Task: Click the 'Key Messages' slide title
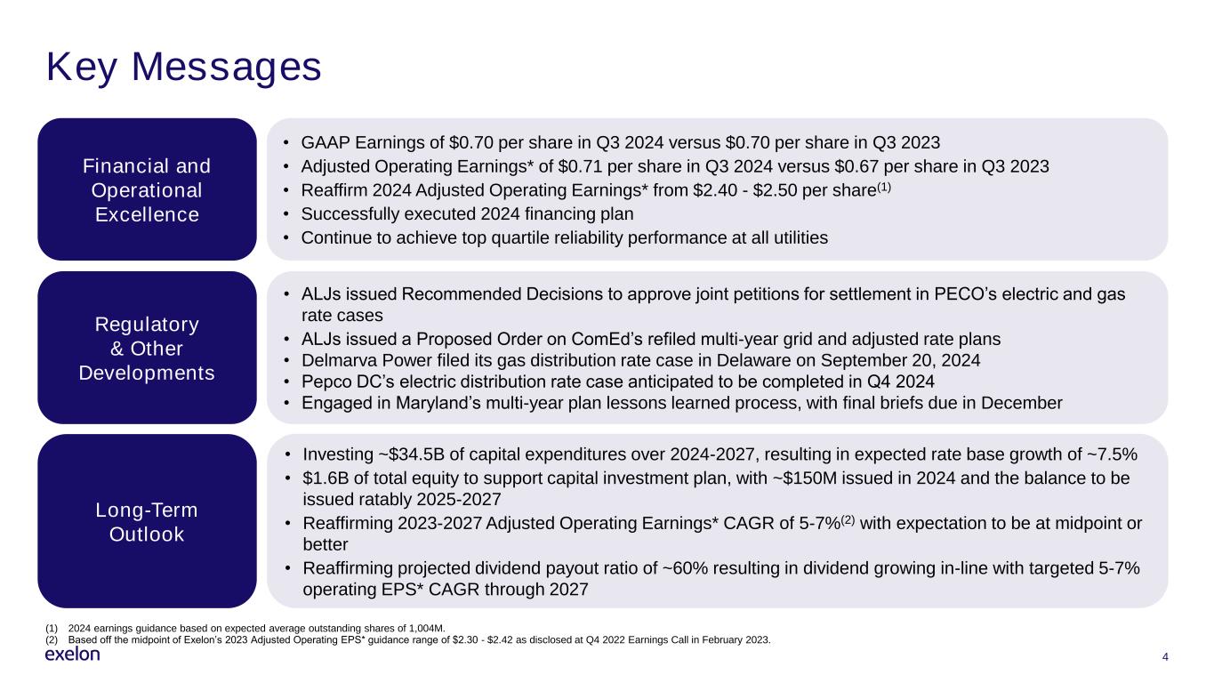tap(183, 68)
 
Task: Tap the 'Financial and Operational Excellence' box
tap(147, 190)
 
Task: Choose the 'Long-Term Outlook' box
tap(147, 522)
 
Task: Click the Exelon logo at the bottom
tap(72, 655)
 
